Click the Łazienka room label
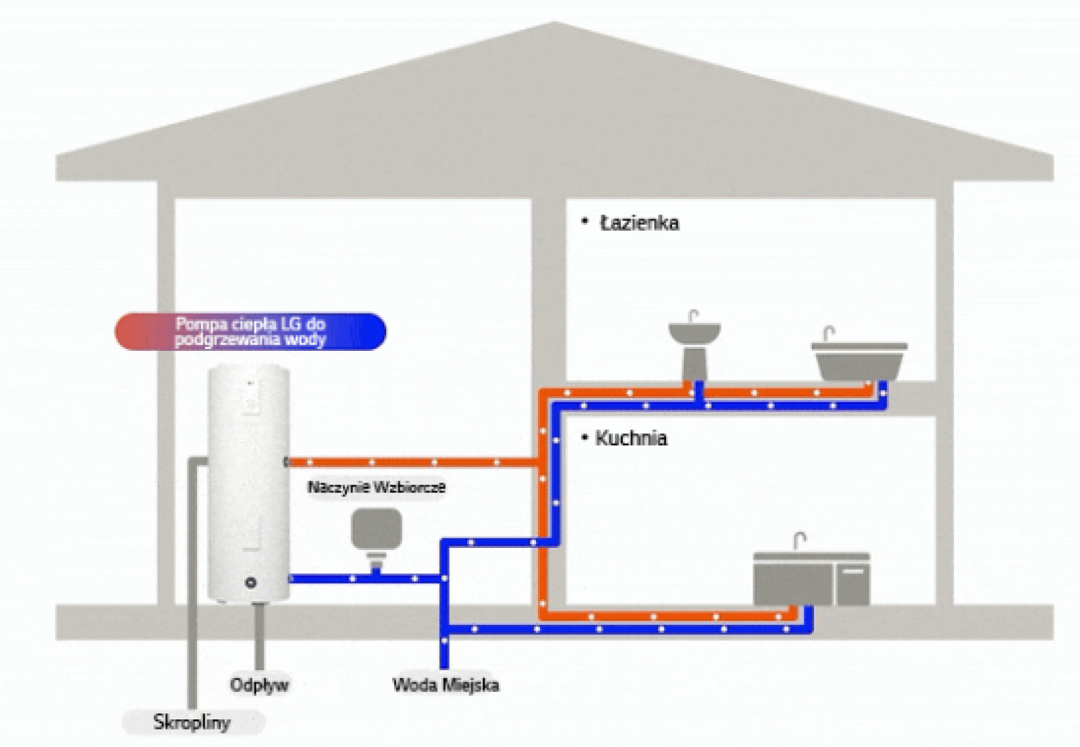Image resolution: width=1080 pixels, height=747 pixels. click(x=639, y=223)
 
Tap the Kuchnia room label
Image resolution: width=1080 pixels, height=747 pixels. click(x=631, y=438)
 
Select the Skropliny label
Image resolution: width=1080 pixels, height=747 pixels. click(x=192, y=722)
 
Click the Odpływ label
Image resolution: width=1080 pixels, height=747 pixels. click(x=259, y=684)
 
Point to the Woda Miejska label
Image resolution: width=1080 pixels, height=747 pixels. click(x=446, y=685)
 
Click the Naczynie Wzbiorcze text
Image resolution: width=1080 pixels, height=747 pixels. click(x=376, y=487)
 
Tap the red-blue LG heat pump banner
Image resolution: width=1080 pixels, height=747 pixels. click(x=250, y=331)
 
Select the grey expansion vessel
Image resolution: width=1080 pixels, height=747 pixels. click(x=377, y=530)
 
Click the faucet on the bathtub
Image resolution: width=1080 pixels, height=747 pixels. click(x=828, y=333)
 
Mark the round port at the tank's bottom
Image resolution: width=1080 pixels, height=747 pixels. click(x=250, y=582)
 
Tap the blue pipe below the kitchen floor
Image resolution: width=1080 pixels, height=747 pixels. click(x=628, y=629)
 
